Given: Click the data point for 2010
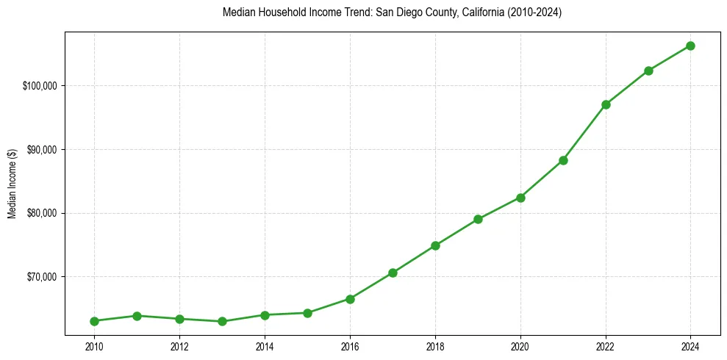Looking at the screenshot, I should [x=94, y=321].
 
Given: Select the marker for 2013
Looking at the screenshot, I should [x=222, y=321].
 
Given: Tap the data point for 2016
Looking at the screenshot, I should [x=350, y=299].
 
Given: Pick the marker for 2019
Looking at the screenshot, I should [x=478, y=219].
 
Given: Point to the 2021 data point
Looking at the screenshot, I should [x=563, y=160].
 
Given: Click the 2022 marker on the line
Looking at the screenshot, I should [x=606, y=104].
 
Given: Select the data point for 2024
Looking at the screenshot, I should [x=691, y=46].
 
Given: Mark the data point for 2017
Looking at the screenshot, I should [x=393, y=273].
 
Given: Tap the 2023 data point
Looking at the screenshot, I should [x=648, y=71].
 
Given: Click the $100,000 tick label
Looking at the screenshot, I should [x=40, y=86].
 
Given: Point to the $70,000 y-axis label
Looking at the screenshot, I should [x=42, y=277].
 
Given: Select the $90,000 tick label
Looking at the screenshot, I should [x=42, y=150].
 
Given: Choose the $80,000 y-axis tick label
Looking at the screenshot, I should [x=42, y=213].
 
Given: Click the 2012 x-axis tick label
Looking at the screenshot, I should [x=179, y=347].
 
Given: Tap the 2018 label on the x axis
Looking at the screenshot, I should [x=435, y=347].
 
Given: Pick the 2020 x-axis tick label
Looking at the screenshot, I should [x=520, y=347].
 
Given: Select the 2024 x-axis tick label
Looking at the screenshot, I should [x=691, y=347].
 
